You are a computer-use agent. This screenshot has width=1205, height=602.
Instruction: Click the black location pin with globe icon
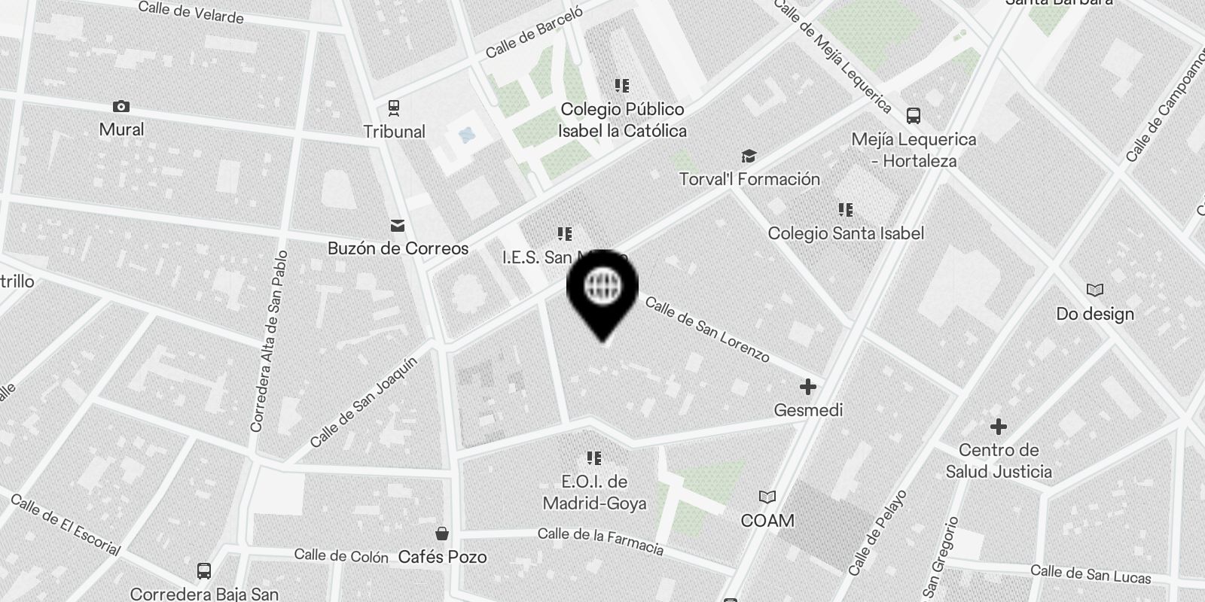tap(602, 290)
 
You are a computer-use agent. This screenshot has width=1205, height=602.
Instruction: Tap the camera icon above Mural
tap(120, 107)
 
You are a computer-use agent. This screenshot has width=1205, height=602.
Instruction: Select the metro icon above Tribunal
tap(393, 108)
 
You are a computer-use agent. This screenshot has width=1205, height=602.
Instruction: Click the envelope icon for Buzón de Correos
tap(397, 226)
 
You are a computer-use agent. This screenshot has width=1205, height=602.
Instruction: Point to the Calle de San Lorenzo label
tap(707, 329)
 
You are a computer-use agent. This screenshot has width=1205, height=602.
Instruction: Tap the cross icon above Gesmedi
tap(807, 387)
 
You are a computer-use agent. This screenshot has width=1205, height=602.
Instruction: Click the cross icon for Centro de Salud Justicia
tap(998, 427)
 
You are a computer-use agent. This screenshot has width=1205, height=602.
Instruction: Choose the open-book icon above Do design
tap(1094, 290)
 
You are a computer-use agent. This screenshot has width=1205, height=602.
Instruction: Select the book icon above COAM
tap(767, 497)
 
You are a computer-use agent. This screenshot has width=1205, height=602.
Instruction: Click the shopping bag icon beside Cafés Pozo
tap(442, 534)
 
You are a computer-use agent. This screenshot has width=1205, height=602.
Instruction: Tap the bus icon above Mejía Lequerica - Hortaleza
tap(913, 116)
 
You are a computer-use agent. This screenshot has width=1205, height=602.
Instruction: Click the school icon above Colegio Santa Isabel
tap(845, 210)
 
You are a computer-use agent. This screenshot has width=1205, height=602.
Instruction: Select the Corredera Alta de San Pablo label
tap(269, 341)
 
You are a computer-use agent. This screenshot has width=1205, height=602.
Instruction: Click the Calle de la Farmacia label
tap(600, 540)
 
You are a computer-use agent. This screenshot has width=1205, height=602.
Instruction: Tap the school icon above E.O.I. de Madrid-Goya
tap(593, 458)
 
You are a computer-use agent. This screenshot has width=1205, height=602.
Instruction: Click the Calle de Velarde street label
tap(191, 12)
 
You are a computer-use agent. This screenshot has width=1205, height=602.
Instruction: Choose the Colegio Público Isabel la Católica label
tap(622, 120)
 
